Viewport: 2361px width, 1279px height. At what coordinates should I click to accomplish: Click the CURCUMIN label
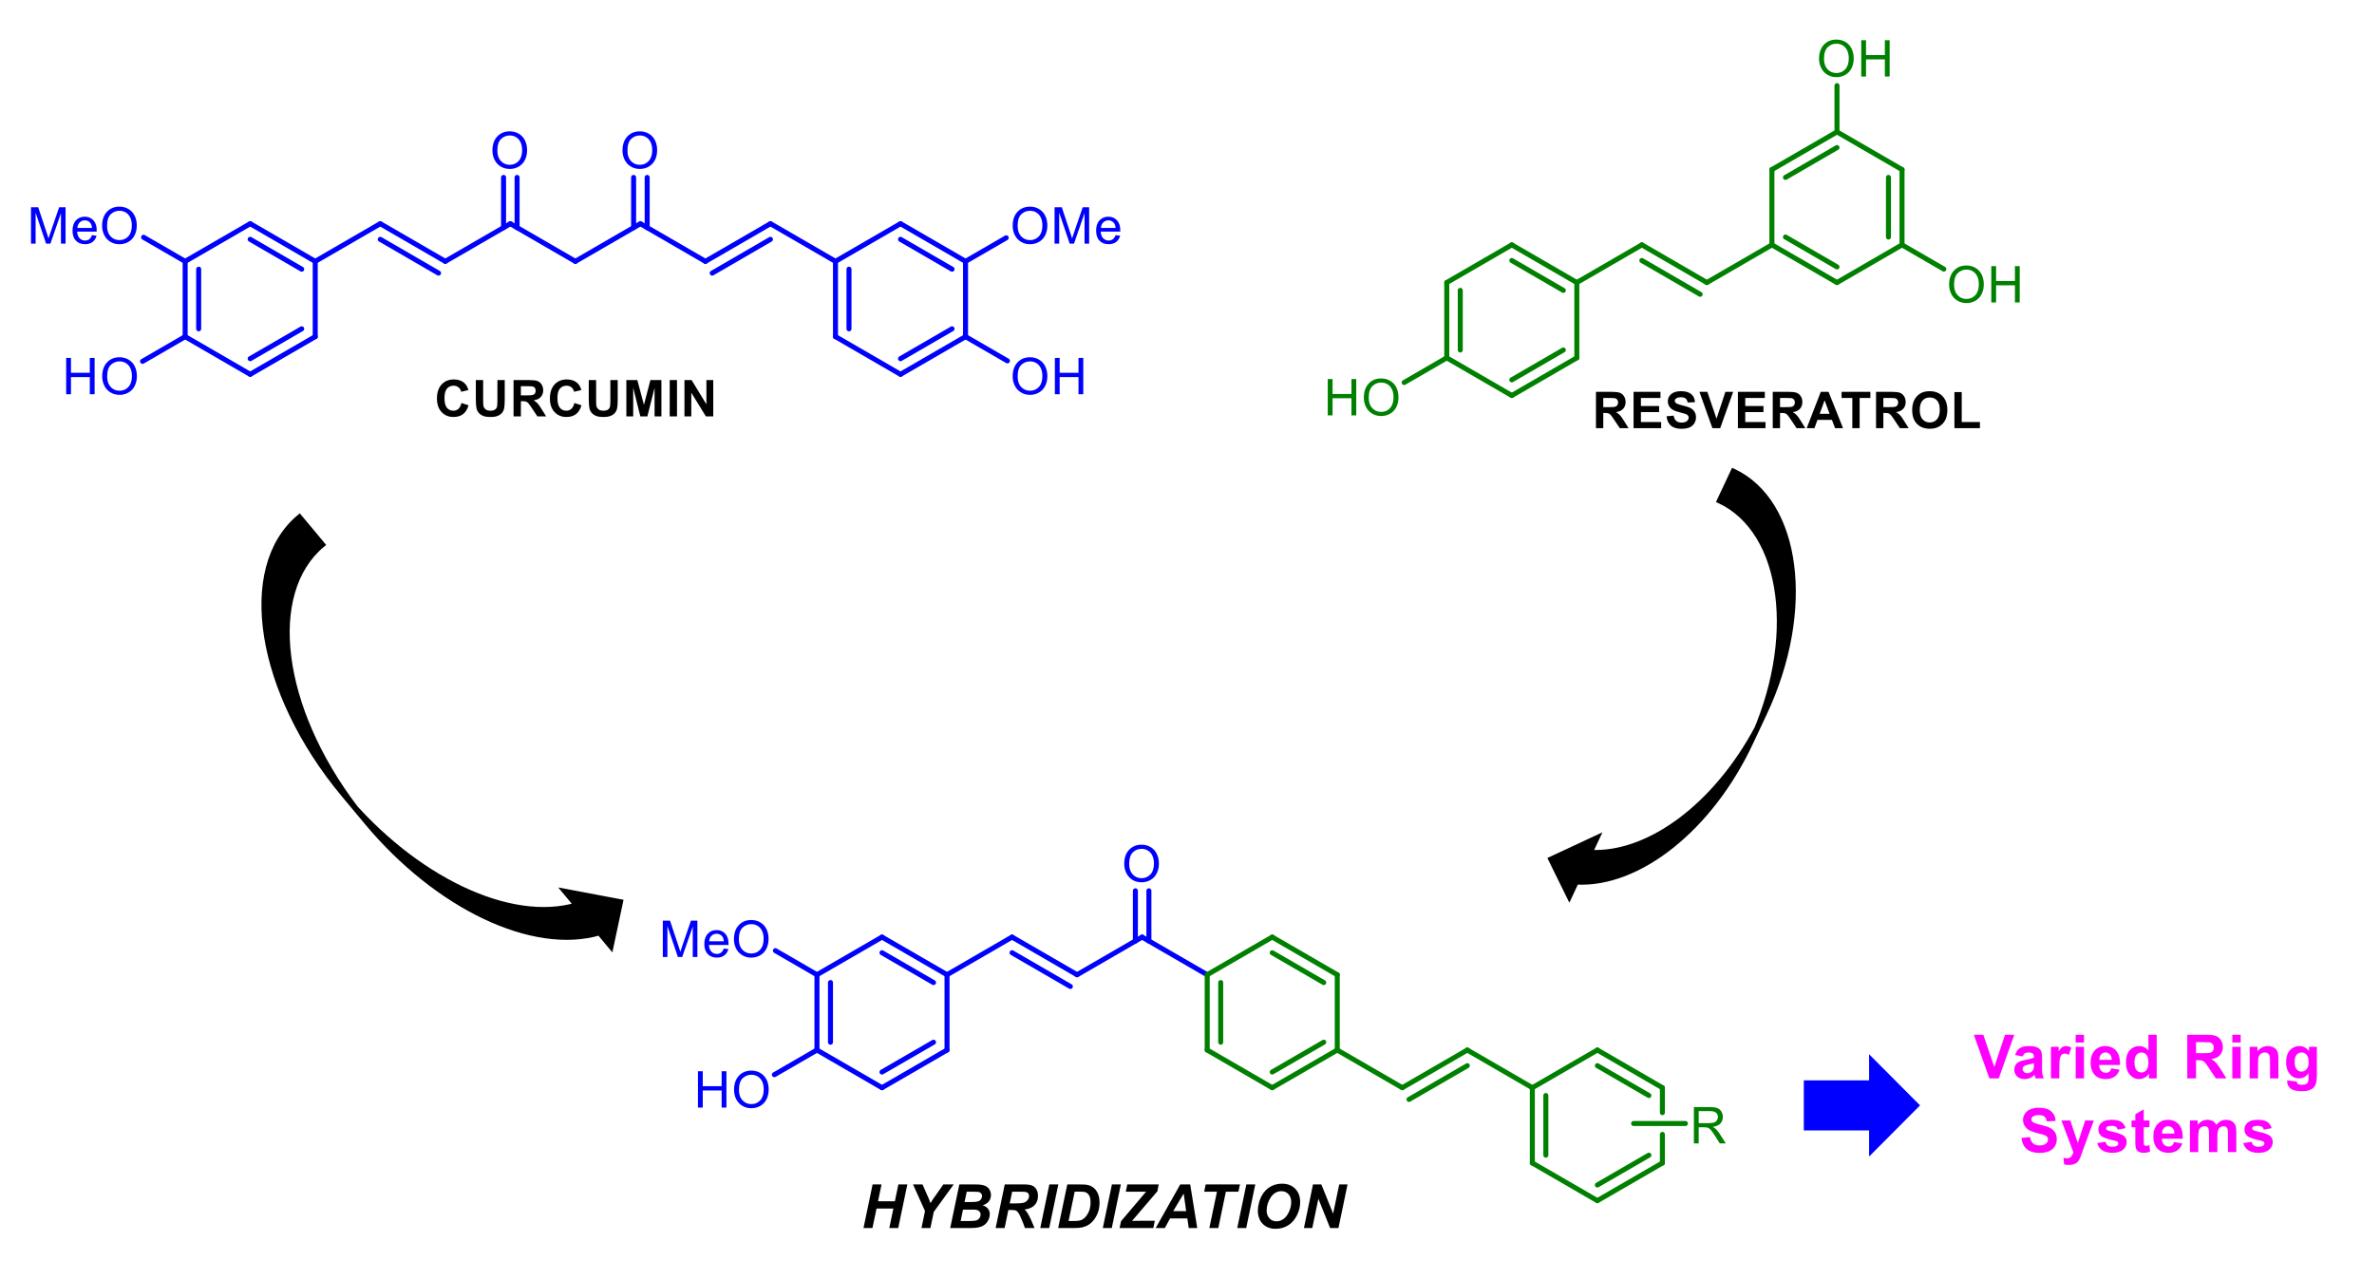coord(576,399)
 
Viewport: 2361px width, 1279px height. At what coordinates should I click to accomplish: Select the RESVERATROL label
coord(1786,411)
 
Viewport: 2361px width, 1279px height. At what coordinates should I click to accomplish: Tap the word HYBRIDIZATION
coord(1105,1208)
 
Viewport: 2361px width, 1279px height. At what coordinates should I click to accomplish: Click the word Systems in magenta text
coord(2146,1134)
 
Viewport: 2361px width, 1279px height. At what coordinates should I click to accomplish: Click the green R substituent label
coord(1708,1127)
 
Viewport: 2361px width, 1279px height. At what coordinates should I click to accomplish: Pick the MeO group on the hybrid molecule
coord(714,940)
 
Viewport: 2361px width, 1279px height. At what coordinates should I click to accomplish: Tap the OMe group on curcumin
coord(1066,227)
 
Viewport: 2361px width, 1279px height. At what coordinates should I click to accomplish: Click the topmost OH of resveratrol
coord(1854,60)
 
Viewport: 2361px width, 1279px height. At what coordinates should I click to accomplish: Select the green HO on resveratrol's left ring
coord(1362,398)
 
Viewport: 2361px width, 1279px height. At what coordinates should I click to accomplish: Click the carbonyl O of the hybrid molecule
coord(1141,864)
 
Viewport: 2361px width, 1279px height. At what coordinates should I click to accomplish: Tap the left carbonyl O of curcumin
coord(509,151)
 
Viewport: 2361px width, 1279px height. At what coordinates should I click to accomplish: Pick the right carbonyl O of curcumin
coord(639,151)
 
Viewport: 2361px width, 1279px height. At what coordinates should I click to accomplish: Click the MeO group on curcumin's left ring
coord(84,227)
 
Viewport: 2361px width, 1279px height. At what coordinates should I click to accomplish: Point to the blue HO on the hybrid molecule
coord(731,1090)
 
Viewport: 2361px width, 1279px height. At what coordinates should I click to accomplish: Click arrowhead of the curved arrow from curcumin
coord(598,916)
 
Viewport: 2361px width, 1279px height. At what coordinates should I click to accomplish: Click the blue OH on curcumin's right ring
coord(1048,377)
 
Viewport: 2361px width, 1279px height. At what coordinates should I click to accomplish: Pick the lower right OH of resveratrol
coord(1984,285)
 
